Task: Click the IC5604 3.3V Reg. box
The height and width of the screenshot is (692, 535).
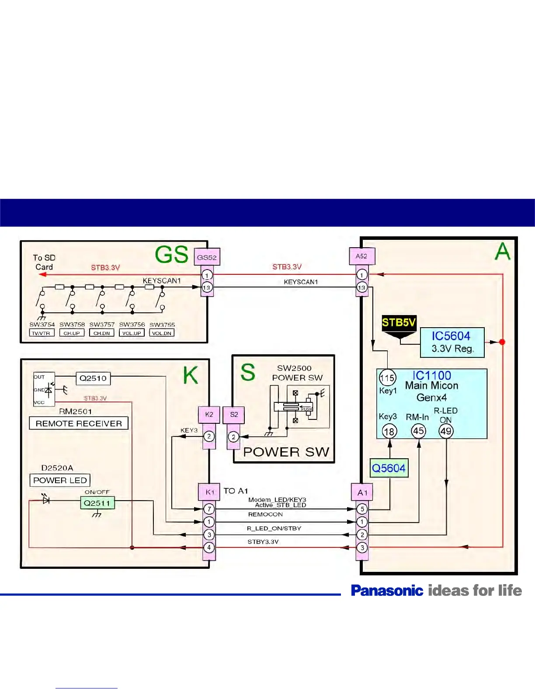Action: [x=452, y=342]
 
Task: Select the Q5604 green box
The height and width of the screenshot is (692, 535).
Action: [x=389, y=468]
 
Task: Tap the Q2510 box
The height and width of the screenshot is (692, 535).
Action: [x=93, y=378]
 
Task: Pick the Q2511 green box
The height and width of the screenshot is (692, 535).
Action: [x=97, y=503]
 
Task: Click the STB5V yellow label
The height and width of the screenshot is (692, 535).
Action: [x=399, y=323]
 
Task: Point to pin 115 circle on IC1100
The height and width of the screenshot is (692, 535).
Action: [x=387, y=378]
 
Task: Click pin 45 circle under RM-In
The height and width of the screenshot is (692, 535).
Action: [x=418, y=431]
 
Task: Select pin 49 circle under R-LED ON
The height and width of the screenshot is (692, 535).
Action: [x=446, y=431]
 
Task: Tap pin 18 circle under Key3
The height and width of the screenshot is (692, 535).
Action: [x=389, y=432]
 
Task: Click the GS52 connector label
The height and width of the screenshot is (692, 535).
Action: [x=207, y=257]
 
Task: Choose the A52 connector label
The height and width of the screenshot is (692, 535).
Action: [x=361, y=256]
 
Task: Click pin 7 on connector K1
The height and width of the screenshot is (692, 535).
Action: [x=209, y=509]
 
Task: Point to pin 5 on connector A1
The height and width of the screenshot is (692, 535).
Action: [x=362, y=509]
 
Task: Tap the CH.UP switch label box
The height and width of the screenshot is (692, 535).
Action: [x=72, y=333]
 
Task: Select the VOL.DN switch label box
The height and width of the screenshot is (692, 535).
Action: [x=162, y=333]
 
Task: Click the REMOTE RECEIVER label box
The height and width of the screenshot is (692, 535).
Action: [x=79, y=423]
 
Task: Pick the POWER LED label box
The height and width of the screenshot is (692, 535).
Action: [x=60, y=480]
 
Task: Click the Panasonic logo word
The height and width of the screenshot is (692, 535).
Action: [x=387, y=591]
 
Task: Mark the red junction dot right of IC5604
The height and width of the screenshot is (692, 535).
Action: [x=502, y=342]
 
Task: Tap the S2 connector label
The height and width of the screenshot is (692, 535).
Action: [x=234, y=415]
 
